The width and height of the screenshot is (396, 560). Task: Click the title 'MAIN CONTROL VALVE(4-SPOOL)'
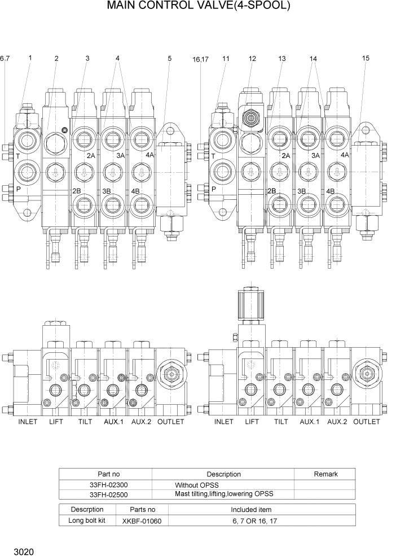coord(198,6)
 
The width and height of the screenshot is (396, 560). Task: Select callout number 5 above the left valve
coord(170,58)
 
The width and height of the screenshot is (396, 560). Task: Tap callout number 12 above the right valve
coord(252,58)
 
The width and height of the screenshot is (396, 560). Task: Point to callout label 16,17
coord(200,59)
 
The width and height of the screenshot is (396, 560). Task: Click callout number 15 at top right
coord(366,58)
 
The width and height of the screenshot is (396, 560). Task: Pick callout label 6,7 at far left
coord(5,58)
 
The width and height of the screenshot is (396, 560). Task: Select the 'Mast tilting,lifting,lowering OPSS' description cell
coord(224,494)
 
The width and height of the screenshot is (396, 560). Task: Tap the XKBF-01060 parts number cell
coord(142,520)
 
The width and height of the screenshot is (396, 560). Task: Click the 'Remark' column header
coord(324,474)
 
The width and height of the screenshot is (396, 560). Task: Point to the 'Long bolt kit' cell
coord(87,520)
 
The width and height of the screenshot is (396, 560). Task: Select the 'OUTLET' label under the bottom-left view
coord(170,422)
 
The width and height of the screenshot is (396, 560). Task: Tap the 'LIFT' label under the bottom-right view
coord(252,422)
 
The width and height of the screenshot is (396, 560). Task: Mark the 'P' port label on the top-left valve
coord(18,189)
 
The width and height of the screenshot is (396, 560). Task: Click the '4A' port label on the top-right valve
coord(345,155)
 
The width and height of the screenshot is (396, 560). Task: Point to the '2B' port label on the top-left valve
coord(77,191)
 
